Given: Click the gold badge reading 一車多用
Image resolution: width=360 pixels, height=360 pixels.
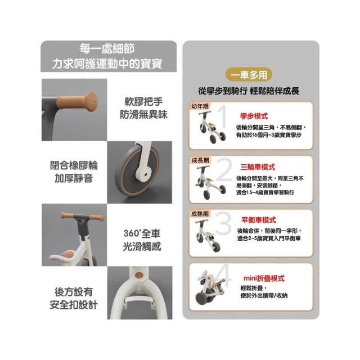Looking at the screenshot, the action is tap(249, 75).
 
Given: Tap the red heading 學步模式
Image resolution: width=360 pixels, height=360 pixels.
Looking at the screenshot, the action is tap(254, 116).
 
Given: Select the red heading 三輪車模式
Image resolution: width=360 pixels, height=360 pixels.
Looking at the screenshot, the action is tap(258, 167).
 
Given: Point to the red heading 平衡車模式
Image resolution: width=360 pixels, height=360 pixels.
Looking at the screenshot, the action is tap(259, 220).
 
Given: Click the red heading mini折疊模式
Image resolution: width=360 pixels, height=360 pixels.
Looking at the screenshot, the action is tap(264, 278).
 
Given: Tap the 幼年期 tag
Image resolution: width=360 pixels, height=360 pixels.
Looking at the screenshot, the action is tap(200, 106).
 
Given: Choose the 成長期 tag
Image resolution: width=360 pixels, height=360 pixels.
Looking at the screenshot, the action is tap(200, 160).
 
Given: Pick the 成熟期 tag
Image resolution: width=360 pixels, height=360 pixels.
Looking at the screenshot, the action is tap(200, 214).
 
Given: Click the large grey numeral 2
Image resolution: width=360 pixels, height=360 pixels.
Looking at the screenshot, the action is tap(224, 169).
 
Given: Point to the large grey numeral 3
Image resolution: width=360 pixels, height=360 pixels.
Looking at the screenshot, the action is tap(223, 223).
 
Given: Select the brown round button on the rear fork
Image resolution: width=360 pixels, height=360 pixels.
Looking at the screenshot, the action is tap(139, 275).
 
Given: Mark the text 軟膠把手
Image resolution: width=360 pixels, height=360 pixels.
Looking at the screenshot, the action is tap(143, 102).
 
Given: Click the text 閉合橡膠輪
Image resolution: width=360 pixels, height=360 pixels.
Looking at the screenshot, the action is tap(74, 165).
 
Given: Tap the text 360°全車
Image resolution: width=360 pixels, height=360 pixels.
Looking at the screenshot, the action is tap(142, 233).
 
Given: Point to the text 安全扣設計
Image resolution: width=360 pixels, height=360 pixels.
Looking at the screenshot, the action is tap(74, 305).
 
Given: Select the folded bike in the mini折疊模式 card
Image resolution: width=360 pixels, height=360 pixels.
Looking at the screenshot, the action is tap(210, 287).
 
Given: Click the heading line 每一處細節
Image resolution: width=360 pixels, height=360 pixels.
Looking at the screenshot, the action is tap(107, 48).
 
